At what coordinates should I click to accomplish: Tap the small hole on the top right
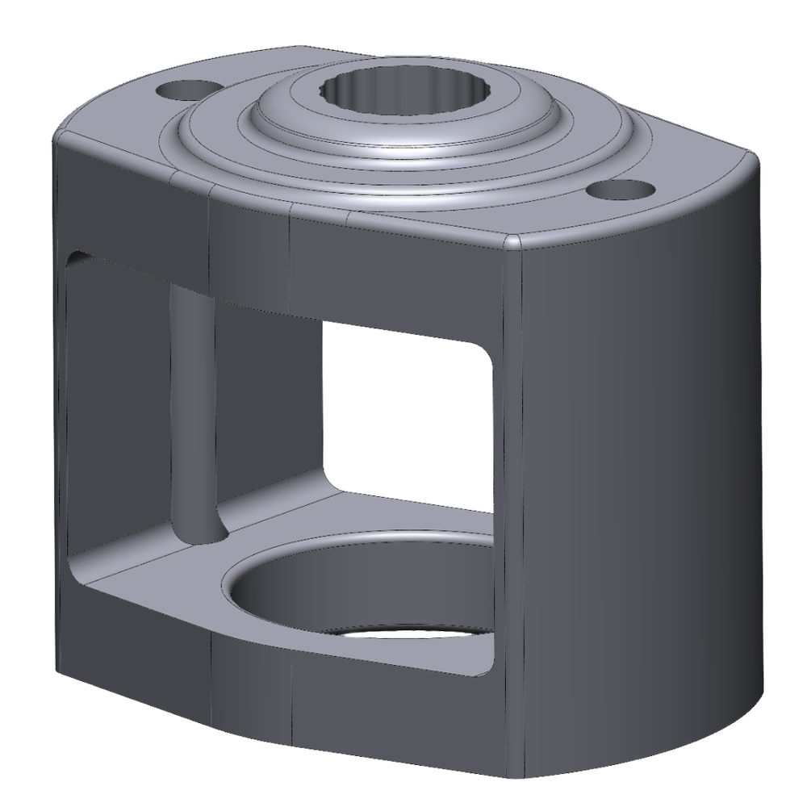click(x=620, y=190)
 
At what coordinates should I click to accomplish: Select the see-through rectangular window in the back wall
click(x=408, y=412)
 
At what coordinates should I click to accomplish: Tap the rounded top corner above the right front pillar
click(x=516, y=242)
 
